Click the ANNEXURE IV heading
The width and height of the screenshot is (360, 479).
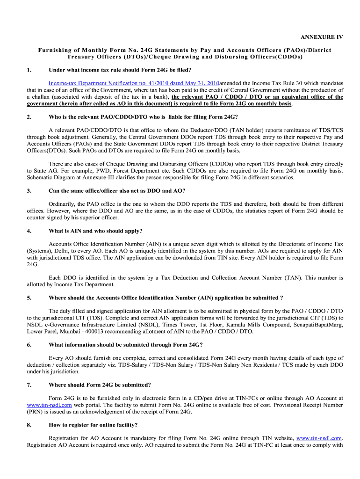pos(321,37)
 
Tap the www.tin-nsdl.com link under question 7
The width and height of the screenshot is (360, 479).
pos(49,405)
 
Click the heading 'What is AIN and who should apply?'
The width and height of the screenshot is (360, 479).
pos(95,231)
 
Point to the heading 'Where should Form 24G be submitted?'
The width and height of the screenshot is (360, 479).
pos(100,385)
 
